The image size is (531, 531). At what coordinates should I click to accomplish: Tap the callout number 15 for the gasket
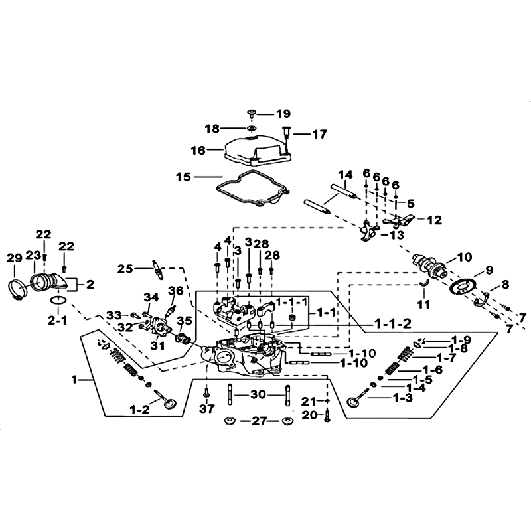(x=184, y=177)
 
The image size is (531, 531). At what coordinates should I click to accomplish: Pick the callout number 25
(x=125, y=269)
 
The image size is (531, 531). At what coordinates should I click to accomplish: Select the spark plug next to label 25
(x=158, y=269)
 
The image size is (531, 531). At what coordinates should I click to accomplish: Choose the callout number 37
(x=206, y=408)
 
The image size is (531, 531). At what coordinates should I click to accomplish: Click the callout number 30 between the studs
(x=259, y=394)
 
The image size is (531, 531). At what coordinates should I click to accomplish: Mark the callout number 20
(x=309, y=415)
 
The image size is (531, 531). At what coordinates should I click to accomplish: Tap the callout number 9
(x=491, y=270)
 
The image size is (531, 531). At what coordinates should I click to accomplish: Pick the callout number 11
(x=424, y=306)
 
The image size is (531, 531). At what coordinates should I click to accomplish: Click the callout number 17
(x=319, y=134)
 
